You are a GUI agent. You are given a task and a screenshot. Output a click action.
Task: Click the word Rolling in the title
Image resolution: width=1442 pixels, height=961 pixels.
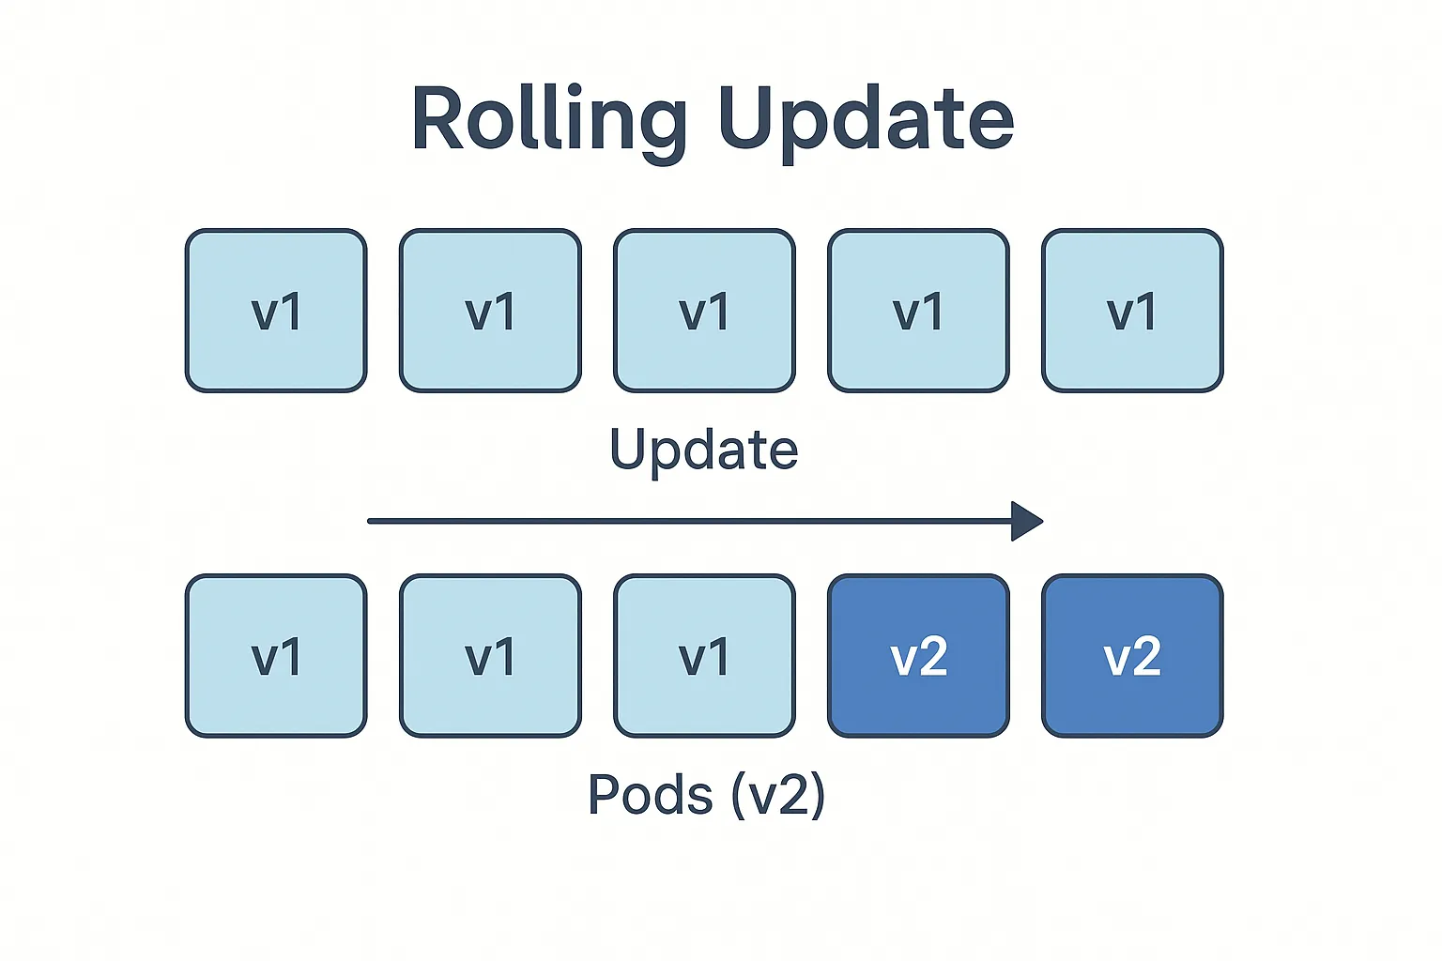click(x=549, y=122)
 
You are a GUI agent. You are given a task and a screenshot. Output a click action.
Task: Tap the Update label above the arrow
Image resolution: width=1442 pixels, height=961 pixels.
click(x=703, y=451)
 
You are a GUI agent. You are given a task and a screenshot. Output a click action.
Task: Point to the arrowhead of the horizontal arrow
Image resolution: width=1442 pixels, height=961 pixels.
click(x=1027, y=522)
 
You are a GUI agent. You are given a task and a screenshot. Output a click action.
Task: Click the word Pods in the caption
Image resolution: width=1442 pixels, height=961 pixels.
click(x=651, y=795)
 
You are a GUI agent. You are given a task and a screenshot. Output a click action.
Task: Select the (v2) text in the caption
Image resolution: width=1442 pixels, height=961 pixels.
click(x=778, y=796)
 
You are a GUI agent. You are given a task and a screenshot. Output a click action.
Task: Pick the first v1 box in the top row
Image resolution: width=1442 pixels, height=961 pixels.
click(x=276, y=311)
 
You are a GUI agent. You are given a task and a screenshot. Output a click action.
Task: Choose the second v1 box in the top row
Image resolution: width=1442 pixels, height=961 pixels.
click(x=491, y=311)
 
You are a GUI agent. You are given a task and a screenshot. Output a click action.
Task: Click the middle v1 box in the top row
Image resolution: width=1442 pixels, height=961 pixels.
click(x=704, y=311)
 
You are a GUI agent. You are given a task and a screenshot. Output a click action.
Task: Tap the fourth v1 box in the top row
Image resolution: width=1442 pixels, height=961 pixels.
click(x=919, y=311)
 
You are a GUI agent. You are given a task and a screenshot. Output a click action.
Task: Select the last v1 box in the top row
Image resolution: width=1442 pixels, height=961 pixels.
click(x=1132, y=311)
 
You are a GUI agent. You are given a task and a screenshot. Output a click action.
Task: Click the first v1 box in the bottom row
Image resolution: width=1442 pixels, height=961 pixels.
click(x=276, y=656)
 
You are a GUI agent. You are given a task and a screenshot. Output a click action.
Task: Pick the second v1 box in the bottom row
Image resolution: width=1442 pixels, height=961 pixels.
click(x=491, y=656)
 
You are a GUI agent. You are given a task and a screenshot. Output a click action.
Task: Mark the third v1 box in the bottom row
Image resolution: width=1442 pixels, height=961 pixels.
click(x=704, y=656)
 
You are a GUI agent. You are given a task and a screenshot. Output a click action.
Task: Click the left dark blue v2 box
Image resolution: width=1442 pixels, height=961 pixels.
click(x=919, y=656)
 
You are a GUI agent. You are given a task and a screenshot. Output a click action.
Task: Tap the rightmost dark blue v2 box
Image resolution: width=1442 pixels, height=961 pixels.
click(x=1132, y=656)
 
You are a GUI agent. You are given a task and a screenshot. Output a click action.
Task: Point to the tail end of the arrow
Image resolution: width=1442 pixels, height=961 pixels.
click(x=369, y=522)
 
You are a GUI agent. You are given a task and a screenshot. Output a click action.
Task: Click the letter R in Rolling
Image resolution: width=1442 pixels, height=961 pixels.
click(x=438, y=119)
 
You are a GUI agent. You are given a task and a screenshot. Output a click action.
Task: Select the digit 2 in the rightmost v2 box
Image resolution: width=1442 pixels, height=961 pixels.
click(x=1146, y=656)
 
